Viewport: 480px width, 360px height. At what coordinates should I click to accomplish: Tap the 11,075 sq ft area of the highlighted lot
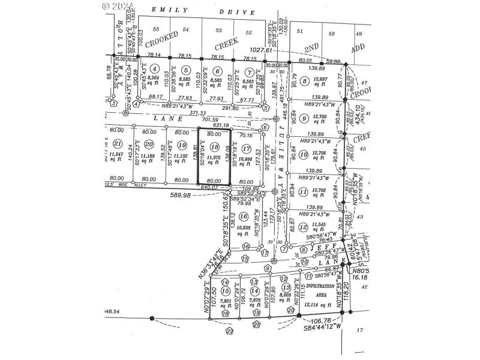tap(214, 158)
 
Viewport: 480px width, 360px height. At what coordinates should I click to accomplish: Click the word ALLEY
tap(140, 186)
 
